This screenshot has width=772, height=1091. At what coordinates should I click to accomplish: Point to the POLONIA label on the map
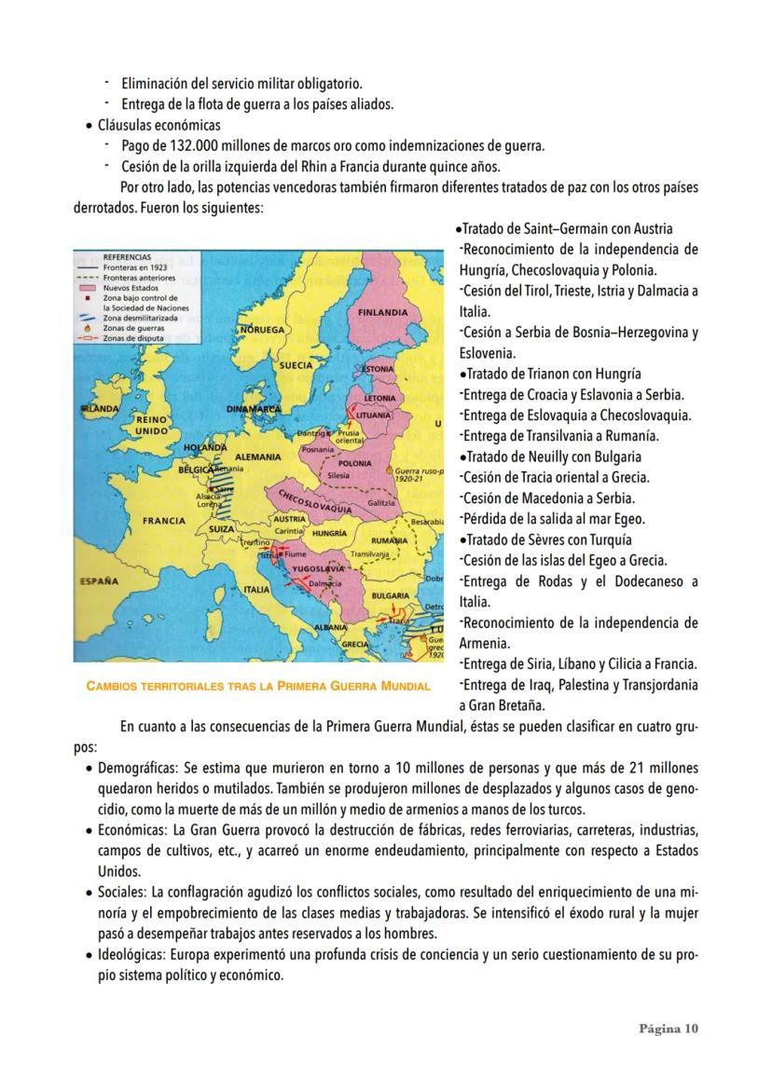click(355, 463)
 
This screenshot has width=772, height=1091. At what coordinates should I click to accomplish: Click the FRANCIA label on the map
click(163, 520)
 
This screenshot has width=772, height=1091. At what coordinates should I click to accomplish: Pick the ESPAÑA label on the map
click(97, 581)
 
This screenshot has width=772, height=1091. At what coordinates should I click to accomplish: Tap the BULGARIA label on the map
click(390, 594)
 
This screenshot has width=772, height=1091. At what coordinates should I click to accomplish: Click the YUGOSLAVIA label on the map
click(318, 567)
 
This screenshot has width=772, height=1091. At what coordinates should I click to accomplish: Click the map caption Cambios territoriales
click(257, 687)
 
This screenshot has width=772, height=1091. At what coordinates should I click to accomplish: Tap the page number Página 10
click(668, 1029)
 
